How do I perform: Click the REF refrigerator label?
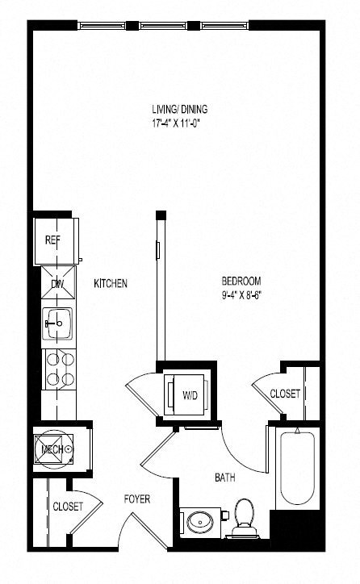[53, 240]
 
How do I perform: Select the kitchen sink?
[57, 326]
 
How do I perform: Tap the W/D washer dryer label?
[190, 394]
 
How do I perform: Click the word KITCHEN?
[111, 284]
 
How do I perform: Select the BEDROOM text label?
[241, 281]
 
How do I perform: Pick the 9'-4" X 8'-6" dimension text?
[241, 294]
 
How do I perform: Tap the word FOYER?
[137, 499]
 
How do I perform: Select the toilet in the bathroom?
[243, 516]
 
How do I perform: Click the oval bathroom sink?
[199, 523]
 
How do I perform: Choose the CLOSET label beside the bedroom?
[285, 394]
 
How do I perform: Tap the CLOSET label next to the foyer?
[68, 507]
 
